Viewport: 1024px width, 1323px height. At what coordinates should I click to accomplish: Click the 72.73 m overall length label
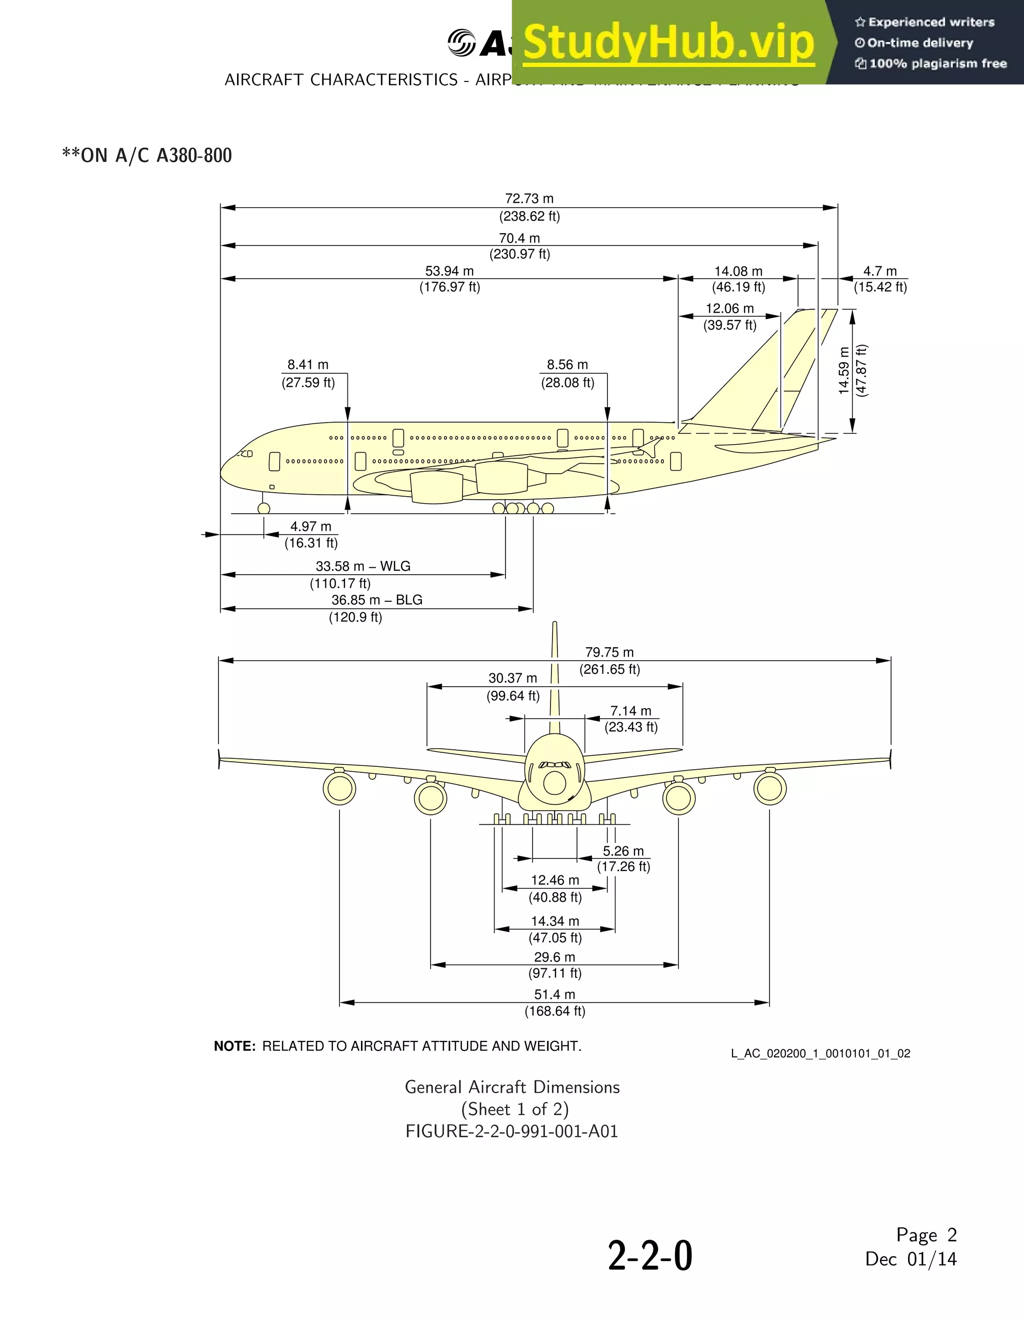529,199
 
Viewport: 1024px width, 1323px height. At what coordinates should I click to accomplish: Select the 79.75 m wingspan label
609,652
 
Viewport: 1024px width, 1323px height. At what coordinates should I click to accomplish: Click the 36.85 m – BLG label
376,600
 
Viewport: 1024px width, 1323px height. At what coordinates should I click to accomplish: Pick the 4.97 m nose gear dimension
310,526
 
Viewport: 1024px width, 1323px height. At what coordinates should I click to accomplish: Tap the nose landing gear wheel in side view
263,508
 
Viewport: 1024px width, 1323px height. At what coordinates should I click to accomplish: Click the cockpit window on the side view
246,453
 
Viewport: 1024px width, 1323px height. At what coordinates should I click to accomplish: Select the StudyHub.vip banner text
668,43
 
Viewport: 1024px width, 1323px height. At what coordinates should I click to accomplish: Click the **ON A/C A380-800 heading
147,156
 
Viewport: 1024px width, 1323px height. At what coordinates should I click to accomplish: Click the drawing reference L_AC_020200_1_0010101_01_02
820,1053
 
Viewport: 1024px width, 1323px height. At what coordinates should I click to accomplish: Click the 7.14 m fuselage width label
630,711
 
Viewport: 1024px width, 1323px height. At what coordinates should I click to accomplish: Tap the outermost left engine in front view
339,788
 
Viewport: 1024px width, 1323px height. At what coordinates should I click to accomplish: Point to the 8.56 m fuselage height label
567,365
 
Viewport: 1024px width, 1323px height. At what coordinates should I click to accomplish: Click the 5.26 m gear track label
623,851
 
